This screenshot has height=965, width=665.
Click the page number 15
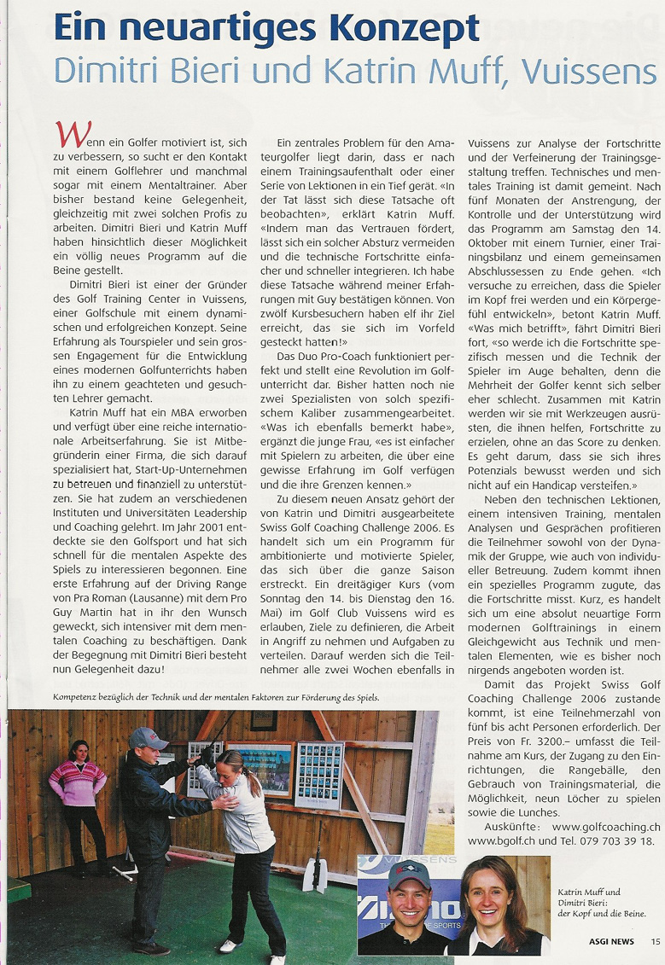tap(655, 942)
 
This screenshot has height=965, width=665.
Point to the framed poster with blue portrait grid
tap(318, 773)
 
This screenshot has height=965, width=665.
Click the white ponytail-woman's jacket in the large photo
tap(249, 819)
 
